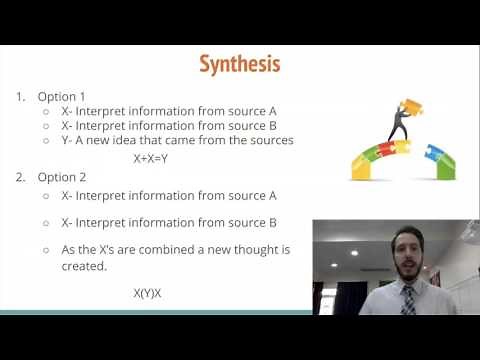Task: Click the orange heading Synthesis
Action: pyautogui.click(x=239, y=64)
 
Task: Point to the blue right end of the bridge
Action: pyautogui.click(x=443, y=160)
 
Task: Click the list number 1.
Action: pyautogui.click(x=20, y=97)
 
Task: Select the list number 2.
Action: pyautogui.click(x=21, y=176)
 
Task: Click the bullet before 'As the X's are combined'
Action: pyautogui.click(x=46, y=249)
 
